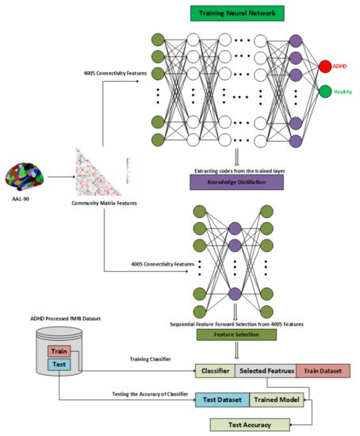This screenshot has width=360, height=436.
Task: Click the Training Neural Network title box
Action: (236, 13)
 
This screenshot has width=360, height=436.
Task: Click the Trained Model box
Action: (274, 401)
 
